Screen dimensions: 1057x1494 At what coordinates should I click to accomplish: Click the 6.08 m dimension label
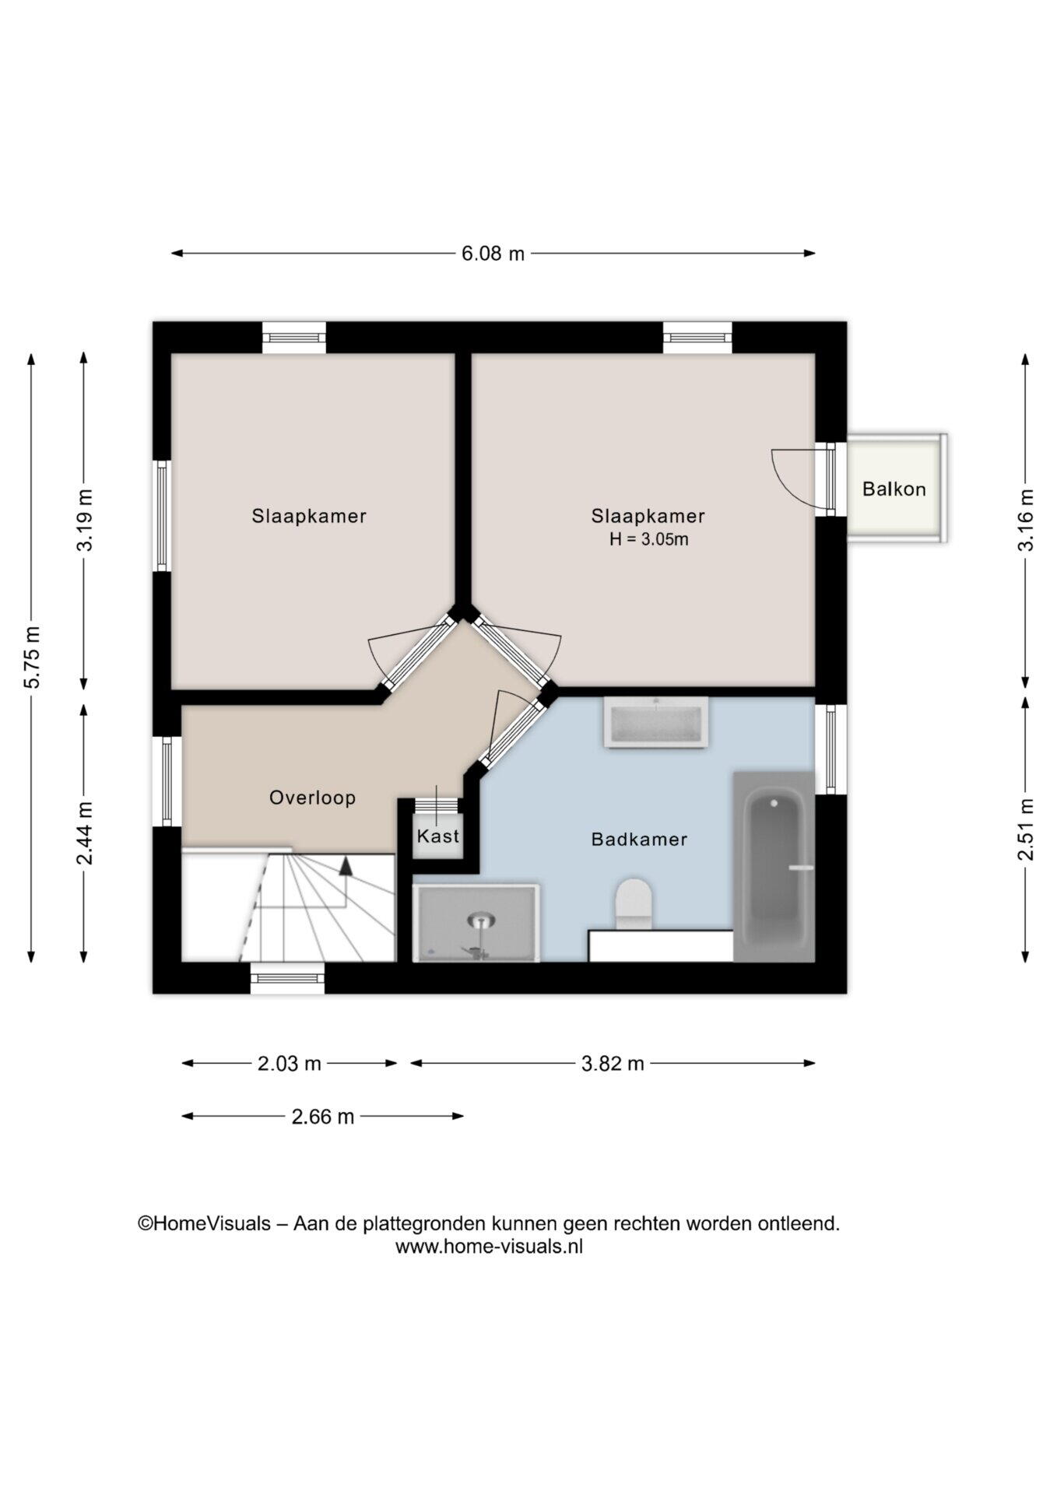(x=493, y=254)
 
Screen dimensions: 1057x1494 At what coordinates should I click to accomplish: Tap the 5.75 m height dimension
(x=32, y=657)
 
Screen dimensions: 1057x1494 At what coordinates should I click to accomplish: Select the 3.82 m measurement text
(x=613, y=1064)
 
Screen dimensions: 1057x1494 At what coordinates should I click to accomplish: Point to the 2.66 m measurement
(x=323, y=1117)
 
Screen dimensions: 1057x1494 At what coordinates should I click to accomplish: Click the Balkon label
(x=894, y=489)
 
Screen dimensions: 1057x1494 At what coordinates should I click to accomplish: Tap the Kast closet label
(x=438, y=836)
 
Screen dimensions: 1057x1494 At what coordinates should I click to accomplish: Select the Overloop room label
(x=312, y=798)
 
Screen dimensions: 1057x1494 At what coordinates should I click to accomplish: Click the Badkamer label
(x=639, y=840)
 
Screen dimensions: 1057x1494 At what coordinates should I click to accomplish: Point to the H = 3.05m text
(x=648, y=539)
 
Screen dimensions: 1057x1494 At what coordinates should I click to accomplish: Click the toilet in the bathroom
(x=634, y=904)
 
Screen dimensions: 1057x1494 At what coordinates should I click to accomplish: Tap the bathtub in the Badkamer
(x=774, y=867)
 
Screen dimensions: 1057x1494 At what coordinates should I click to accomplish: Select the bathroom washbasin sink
(x=656, y=723)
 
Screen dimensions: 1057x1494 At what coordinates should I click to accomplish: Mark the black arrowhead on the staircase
(x=346, y=866)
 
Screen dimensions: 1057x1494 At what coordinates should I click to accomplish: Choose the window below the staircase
(x=287, y=978)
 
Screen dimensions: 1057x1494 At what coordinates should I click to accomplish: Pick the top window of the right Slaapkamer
(x=697, y=338)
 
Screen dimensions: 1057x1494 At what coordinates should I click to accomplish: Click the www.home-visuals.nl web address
(x=489, y=1247)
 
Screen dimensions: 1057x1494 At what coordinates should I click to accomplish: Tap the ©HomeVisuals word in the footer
(x=204, y=1224)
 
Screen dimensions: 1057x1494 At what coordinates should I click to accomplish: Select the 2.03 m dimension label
(x=290, y=1064)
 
